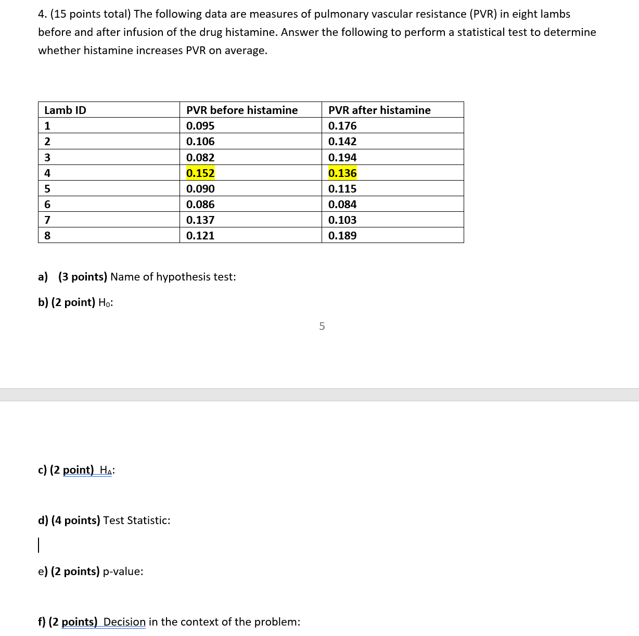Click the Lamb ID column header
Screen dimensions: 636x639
click(65, 110)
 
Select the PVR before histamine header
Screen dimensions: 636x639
click(242, 110)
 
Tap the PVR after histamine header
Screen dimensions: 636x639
click(379, 110)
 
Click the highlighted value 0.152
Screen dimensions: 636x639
click(200, 173)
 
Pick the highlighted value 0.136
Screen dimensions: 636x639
click(342, 173)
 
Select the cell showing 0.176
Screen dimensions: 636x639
click(342, 126)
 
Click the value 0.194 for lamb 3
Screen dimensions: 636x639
click(342, 158)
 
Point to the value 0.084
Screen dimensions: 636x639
click(342, 205)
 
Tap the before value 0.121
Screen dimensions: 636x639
click(200, 236)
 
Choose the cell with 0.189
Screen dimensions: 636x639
click(342, 236)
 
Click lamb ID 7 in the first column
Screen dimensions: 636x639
click(47, 220)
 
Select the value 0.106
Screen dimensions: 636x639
click(200, 142)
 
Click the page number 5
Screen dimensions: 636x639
click(322, 326)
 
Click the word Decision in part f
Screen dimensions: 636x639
click(124, 622)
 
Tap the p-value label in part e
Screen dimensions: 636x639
click(123, 571)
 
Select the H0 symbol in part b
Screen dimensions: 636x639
click(105, 303)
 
